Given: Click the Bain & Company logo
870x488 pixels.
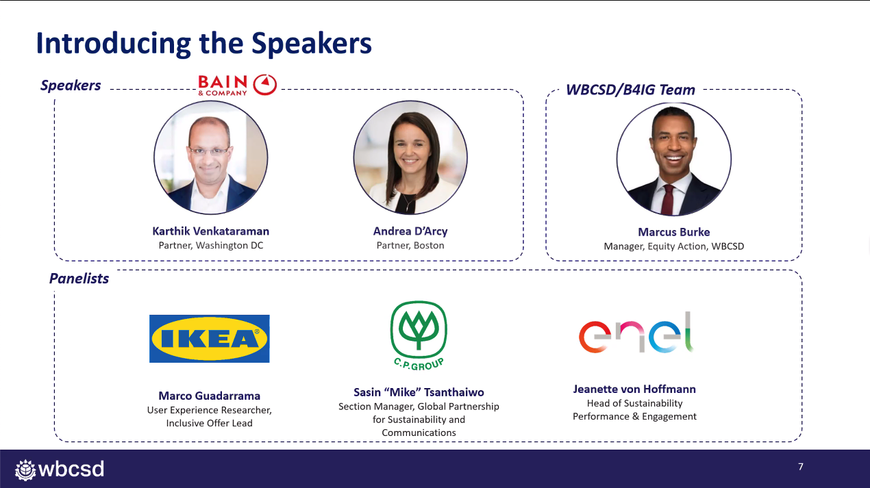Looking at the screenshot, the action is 237,85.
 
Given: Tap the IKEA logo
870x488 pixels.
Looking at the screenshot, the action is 210,339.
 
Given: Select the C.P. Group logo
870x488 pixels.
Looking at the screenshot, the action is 419,335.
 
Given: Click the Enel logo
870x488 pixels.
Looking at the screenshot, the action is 636,333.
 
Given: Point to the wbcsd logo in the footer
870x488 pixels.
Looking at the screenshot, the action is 60,470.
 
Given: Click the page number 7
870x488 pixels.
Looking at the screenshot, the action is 801,467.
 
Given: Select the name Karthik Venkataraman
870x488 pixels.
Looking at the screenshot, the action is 210,231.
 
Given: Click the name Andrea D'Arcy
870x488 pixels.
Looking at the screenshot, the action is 410,231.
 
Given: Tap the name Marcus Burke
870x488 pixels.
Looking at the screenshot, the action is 674,232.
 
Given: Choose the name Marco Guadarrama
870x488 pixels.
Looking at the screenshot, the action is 210,396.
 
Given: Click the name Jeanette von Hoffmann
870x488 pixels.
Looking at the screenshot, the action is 634,389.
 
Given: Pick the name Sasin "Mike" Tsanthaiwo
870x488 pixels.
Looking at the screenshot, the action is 419,392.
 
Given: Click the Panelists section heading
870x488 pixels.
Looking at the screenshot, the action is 79,279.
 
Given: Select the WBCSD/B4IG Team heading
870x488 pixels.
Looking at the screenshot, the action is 630,90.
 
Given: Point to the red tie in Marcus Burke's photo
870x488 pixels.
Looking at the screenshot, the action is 668,200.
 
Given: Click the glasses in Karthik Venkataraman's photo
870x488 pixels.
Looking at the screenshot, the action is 210,151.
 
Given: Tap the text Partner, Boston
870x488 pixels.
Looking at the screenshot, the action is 410,246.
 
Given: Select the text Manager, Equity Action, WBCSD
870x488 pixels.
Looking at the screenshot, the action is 674,246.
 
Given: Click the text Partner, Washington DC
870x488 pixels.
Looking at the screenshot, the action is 211,246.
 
